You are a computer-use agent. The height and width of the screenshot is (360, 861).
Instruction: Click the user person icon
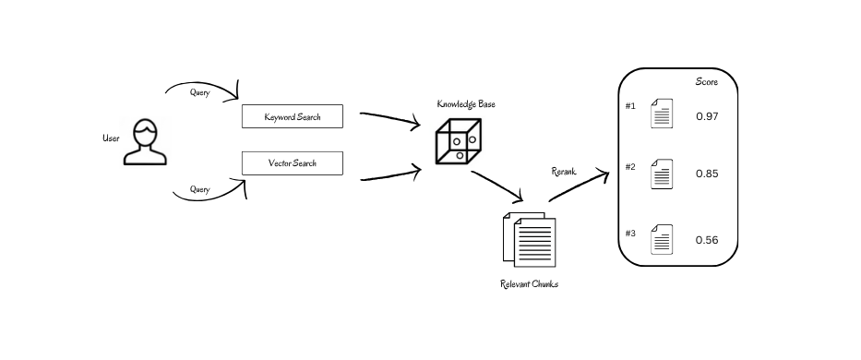tap(146, 142)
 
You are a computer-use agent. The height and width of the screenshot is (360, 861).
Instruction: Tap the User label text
tap(112, 138)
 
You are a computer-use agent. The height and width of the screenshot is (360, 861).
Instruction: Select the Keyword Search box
tap(292, 117)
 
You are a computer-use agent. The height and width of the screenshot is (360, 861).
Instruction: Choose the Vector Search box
tap(292, 163)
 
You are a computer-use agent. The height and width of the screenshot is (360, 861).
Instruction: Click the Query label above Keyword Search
tap(200, 92)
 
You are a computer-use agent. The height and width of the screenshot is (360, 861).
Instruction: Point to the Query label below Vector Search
tap(200, 189)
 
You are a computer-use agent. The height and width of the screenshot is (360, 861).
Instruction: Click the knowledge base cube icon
tap(458, 140)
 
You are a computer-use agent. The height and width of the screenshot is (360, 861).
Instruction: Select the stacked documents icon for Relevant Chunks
tap(529, 238)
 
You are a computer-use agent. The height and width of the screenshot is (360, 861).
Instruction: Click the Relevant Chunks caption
tap(529, 284)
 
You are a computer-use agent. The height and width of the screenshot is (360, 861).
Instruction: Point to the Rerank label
tap(564, 171)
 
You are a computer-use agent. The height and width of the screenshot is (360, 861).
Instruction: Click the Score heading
tap(707, 82)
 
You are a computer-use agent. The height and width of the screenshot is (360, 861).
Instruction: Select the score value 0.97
tap(707, 116)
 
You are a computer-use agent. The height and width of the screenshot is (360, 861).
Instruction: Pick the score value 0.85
tap(707, 174)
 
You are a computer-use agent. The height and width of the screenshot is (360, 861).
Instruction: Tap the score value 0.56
tap(707, 240)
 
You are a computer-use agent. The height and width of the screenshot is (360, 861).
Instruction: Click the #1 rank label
tap(630, 105)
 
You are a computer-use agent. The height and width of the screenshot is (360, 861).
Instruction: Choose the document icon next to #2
tap(662, 174)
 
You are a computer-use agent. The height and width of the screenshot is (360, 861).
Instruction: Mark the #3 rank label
tap(630, 233)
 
